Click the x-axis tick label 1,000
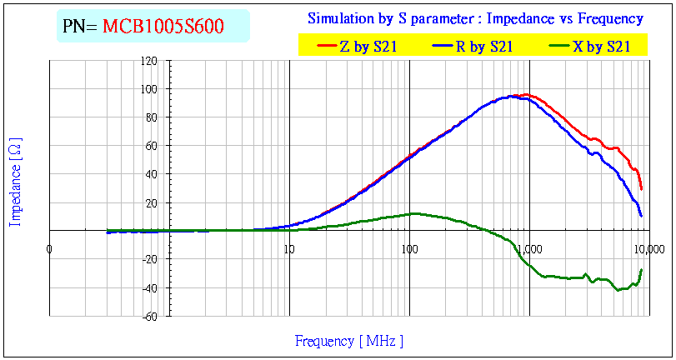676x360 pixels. (530, 248)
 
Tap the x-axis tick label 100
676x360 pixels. (409, 248)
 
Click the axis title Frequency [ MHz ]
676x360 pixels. (349, 341)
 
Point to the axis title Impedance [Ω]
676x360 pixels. (15, 182)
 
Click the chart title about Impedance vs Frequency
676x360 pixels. (475, 18)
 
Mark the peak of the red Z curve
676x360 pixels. (526, 95)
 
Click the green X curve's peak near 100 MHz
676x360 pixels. (414, 213)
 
